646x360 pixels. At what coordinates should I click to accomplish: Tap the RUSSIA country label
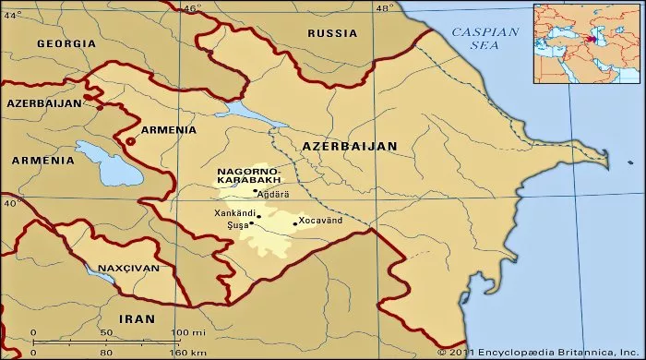pyautogui.click(x=331, y=33)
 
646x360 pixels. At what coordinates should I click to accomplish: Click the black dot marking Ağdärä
pyautogui.click(x=256, y=191)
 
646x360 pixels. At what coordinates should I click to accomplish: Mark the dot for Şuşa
pyautogui.click(x=251, y=222)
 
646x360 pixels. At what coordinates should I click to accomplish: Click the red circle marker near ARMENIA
pyautogui.click(x=130, y=141)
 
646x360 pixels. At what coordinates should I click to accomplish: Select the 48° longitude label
pyautogui.click(x=385, y=8)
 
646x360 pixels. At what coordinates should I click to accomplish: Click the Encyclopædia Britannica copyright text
pyautogui.click(x=540, y=352)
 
